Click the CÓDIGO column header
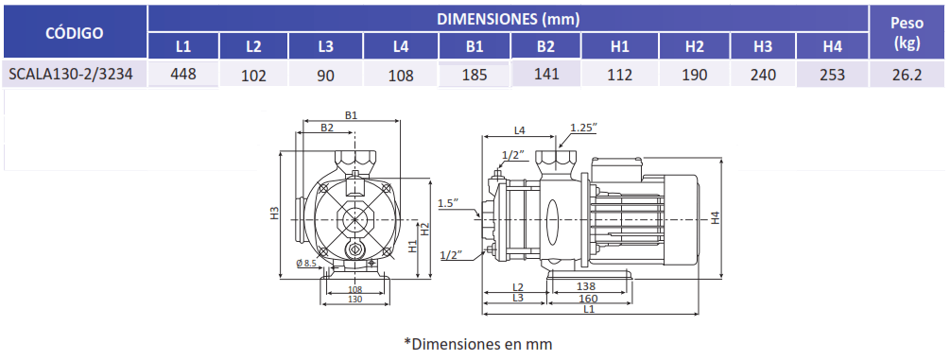pyautogui.click(x=75, y=33)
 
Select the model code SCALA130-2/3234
pyautogui.click(x=70, y=74)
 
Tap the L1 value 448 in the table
pyautogui.click(x=183, y=74)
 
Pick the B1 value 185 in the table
pyautogui.click(x=475, y=76)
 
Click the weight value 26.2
pyautogui.click(x=907, y=75)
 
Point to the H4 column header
pyautogui.click(x=833, y=46)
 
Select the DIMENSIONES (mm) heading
pyautogui.click(x=509, y=19)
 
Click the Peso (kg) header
pyautogui.click(x=907, y=33)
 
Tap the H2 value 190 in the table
pyautogui.click(x=695, y=75)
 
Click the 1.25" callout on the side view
pyautogui.click(x=584, y=128)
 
